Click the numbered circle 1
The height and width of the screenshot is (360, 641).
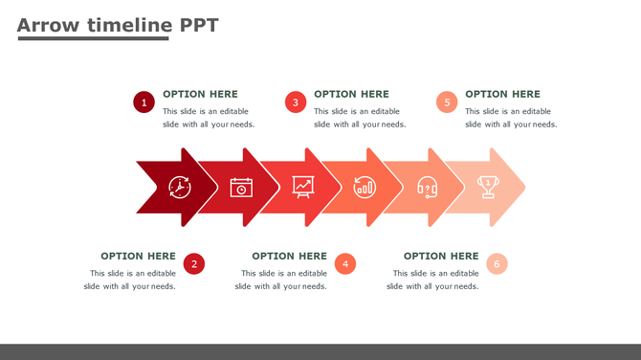tap(144, 102)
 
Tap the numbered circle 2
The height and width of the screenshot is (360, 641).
tap(194, 264)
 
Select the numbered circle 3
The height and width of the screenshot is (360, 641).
tap(296, 102)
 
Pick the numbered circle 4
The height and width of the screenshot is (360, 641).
tap(345, 264)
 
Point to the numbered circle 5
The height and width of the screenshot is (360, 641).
tap(447, 102)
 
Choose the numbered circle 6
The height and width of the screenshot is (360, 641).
tap(497, 264)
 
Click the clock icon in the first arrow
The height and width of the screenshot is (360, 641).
tap(180, 187)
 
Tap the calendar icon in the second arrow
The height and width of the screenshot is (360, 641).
tap(241, 187)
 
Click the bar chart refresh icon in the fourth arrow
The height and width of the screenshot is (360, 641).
tap(365, 187)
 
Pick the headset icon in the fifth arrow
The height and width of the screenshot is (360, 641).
tap(427, 187)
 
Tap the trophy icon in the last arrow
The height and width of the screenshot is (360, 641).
tap(488, 187)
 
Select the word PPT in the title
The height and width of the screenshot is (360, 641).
tap(199, 25)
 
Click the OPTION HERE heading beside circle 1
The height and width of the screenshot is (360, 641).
tap(200, 94)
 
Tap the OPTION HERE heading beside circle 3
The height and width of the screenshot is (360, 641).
tap(351, 94)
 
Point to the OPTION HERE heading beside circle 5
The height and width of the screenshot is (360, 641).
tap(502, 94)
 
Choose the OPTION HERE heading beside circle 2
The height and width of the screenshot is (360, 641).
tap(138, 256)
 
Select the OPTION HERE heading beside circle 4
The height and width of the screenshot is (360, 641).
tap(289, 256)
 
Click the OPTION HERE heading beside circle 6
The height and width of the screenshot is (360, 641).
tap(441, 256)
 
